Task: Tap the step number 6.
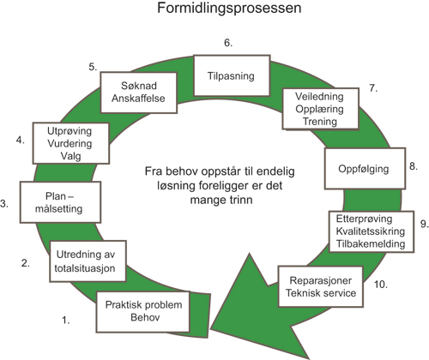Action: click(x=228, y=42)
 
